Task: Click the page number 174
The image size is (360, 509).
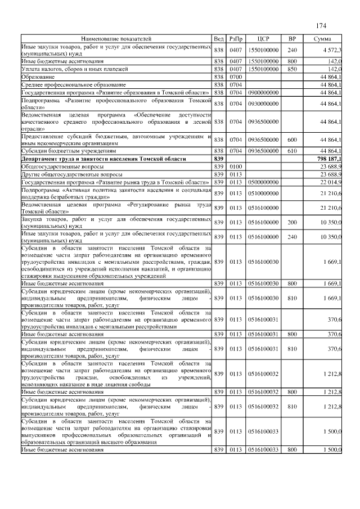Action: click(x=321, y=26)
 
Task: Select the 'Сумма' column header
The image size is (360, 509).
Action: click(x=323, y=39)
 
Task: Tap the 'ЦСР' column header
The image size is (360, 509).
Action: click(x=264, y=39)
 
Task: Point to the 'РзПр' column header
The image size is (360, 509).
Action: click(x=235, y=39)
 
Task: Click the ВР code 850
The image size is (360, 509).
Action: click(x=292, y=69)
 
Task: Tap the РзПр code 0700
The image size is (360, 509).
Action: click(x=235, y=76)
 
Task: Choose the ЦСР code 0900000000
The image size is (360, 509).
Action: click(x=264, y=92)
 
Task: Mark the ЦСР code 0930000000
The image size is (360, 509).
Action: click(x=264, y=104)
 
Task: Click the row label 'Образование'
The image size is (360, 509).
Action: click(x=38, y=76)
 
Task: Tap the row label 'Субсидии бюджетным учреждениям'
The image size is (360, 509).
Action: click(x=69, y=152)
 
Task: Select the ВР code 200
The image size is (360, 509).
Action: click(x=292, y=223)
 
